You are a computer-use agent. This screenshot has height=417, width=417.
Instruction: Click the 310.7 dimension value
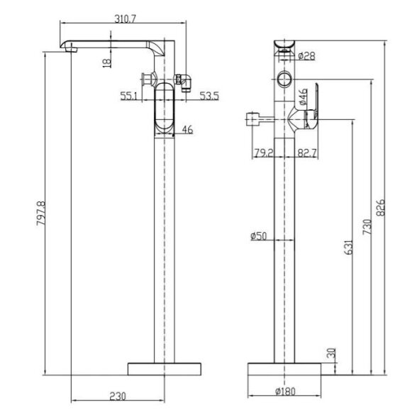tap(126, 19)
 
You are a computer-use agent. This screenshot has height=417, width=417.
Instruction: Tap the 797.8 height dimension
tap(41, 213)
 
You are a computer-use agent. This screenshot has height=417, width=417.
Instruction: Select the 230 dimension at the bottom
tap(118, 396)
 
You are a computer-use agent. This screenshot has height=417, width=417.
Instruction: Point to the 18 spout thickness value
tap(106, 63)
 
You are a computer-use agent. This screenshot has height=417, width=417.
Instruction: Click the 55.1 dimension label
tap(129, 96)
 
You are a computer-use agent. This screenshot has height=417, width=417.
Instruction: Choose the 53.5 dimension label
tap(209, 96)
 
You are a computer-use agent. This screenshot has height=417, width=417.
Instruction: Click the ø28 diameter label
tap(306, 56)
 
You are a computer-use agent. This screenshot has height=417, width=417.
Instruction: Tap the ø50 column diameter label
tap(258, 235)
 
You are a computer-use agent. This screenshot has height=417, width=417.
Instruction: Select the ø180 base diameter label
tap(285, 391)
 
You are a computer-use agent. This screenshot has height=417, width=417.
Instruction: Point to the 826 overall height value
tap(381, 207)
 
